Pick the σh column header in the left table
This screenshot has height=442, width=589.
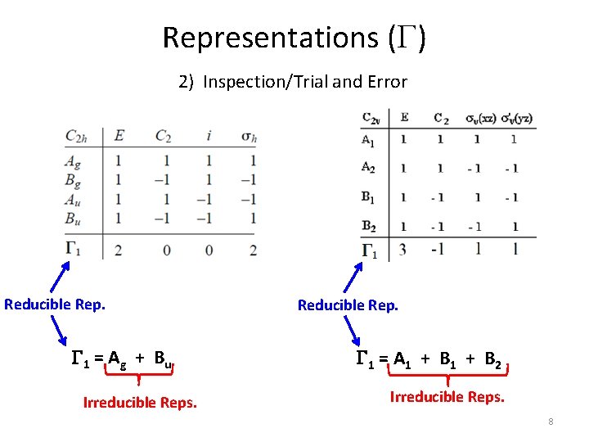pos(250,137)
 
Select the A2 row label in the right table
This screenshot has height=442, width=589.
pos(369,168)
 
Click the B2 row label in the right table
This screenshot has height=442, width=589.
pos(370,226)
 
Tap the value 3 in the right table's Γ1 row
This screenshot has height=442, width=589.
pos(403,250)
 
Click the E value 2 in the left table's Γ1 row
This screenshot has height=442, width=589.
pos(119,250)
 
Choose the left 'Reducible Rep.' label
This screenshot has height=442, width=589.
pos(55,304)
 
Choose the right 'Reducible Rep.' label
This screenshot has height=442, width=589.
pos(348,305)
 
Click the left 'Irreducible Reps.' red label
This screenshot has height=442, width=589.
pos(140,402)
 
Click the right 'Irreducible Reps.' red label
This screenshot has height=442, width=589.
pos(447,397)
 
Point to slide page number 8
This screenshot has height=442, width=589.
pos(551,422)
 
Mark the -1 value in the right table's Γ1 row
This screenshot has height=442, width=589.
pos(439,250)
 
